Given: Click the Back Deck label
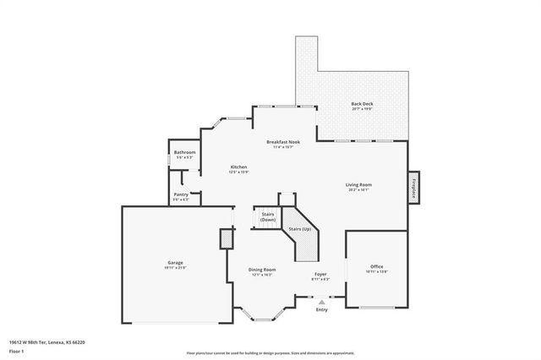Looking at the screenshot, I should point(362,104).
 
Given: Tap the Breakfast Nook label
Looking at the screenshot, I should point(283,142).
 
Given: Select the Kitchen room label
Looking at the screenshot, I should point(239,167).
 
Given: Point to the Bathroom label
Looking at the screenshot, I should point(184,152).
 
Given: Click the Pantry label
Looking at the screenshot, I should point(181,194).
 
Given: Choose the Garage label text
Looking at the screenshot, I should point(175,263).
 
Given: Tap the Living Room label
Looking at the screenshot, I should point(358,184).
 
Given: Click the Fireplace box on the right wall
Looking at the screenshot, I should point(414,187).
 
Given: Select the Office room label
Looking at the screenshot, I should point(376,266).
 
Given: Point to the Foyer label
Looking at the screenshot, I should point(320,274).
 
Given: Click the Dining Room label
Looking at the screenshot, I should point(261,270).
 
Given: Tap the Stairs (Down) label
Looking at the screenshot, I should point(268,216).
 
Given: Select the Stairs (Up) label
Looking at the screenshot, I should point(300,229).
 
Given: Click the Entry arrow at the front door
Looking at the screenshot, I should point(321,301).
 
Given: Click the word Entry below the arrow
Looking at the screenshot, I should point(321,310).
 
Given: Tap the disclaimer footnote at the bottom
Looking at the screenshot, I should point(270,353).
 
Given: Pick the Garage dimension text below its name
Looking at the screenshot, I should point(175,268).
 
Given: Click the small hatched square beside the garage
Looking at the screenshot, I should point(226,239).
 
